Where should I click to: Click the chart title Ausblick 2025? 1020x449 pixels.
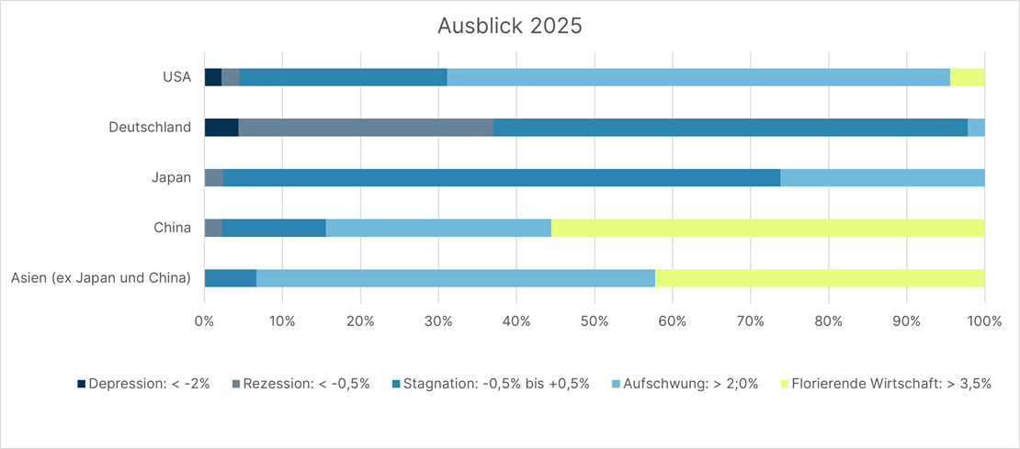tap(509, 26)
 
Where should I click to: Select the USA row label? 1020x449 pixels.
tap(176, 77)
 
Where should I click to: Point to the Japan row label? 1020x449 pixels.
tap(172, 177)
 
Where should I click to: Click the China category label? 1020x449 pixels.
tap(173, 228)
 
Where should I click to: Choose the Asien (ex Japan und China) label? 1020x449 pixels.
tap(101, 277)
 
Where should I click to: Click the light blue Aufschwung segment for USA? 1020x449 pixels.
tap(698, 77)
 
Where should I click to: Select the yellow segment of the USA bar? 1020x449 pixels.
tap(967, 77)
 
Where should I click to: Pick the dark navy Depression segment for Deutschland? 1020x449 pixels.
tap(221, 128)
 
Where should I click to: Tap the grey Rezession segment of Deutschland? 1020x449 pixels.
tap(366, 128)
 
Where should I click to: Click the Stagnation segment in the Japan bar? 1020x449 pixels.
tap(502, 177)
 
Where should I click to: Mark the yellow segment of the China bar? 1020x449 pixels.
tap(767, 228)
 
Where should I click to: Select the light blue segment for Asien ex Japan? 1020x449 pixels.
tap(456, 277)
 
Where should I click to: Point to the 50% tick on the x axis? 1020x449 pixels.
tap(595, 321)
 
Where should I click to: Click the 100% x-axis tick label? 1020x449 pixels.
tap(983, 321)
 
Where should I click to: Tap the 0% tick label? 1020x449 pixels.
tap(205, 321)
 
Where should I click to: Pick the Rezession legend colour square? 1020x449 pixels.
tap(236, 384)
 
